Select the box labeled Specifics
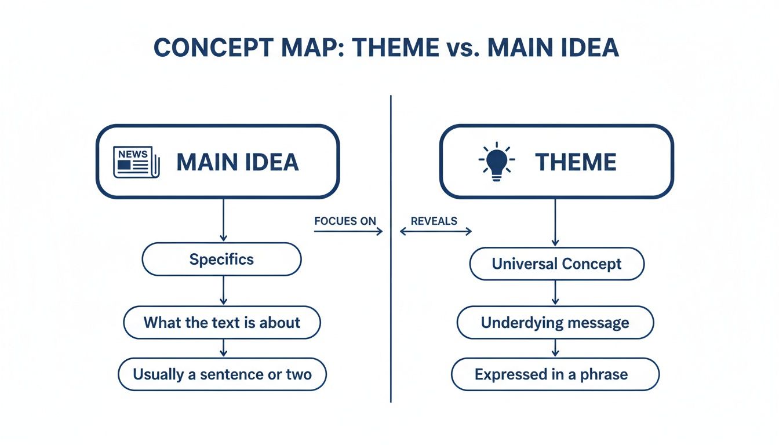click(x=221, y=259)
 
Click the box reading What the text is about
click(x=221, y=322)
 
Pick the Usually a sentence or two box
click(x=222, y=374)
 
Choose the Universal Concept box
click(x=556, y=264)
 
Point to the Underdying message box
click(x=555, y=323)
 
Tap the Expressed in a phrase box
click(x=555, y=374)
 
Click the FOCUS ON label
click(x=345, y=221)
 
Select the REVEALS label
click(x=434, y=221)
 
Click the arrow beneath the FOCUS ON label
click(x=348, y=231)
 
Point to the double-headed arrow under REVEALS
click(x=436, y=231)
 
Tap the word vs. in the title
click(x=454, y=49)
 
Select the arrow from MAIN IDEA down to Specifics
click(x=223, y=220)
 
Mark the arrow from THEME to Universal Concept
click(x=555, y=223)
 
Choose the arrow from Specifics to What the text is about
click(x=223, y=291)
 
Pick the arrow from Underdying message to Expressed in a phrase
click(x=555, y=348)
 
